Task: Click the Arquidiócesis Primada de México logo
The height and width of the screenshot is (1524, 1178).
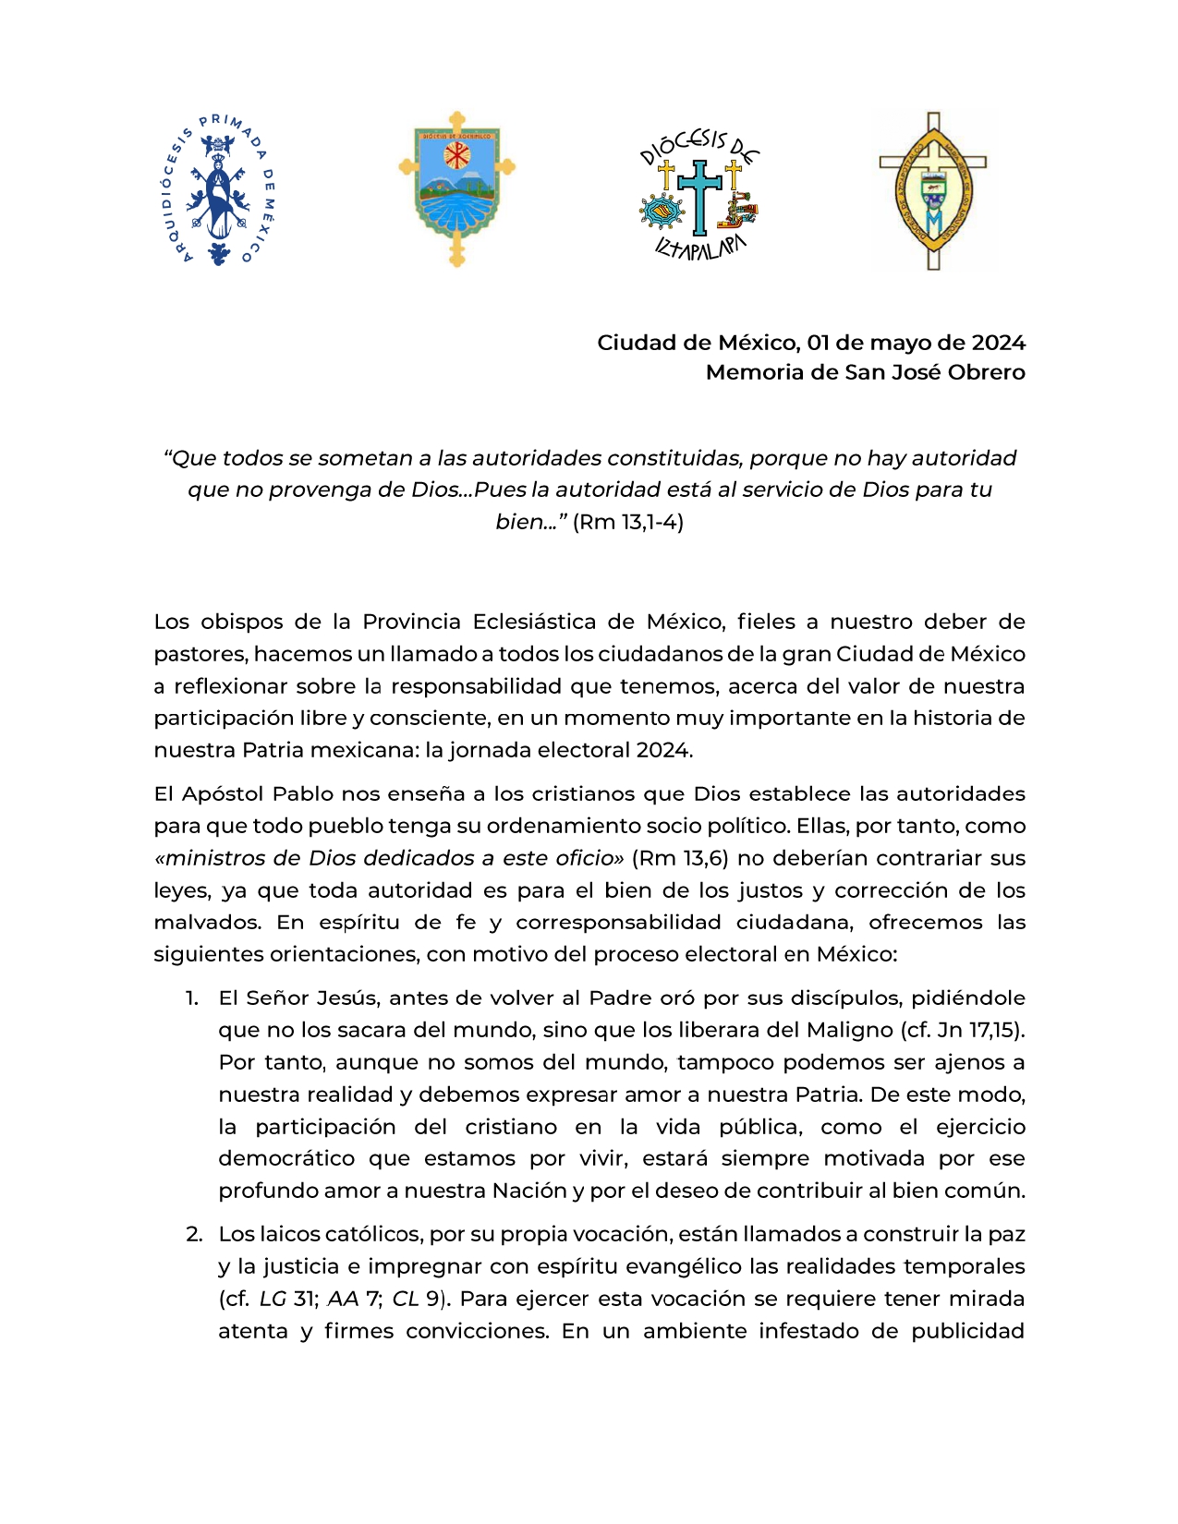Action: coord(218,190)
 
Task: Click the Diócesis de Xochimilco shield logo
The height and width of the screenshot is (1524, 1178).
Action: coord(456,188)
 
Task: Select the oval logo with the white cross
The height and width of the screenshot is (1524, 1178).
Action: coord(933,191)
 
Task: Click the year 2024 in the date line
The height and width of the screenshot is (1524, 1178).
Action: coord(998,343)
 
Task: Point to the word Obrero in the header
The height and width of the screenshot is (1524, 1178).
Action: coord(988,372)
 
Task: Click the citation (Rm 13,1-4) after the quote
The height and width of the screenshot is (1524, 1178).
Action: coord(628,522)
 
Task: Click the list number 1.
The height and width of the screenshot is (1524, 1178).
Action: coord(191,998)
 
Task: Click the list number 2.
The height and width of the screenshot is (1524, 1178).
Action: coord(193,1235)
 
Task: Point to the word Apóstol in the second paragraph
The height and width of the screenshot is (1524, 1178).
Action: coord(226,794)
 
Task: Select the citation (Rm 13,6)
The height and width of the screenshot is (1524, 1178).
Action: coord(680,858)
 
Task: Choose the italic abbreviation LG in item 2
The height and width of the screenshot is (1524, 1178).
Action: coord(273,1300)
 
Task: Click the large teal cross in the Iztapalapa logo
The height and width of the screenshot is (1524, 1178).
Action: coord(699,195)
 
